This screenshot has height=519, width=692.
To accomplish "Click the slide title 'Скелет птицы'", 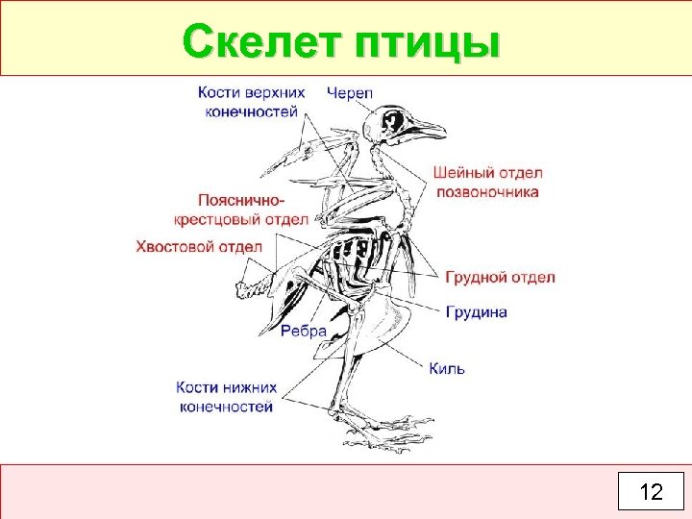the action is click(341, 42).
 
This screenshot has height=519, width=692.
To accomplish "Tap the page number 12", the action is click(651, 492).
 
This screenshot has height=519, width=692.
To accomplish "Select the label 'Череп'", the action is click(350, 92).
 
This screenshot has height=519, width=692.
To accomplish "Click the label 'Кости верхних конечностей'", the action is click(252, 101).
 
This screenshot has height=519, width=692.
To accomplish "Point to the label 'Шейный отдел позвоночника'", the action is click(488, 182).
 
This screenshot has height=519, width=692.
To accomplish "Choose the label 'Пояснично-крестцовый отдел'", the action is click(240, 210).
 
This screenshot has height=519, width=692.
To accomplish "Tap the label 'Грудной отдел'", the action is click(500, 277).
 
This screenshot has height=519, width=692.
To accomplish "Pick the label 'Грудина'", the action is click(477, 311).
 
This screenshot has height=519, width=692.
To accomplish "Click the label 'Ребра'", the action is click(304, 330).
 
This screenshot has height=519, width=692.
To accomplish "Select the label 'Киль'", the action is click(447, 368).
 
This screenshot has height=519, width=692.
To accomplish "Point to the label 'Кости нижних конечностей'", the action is click(226, 397).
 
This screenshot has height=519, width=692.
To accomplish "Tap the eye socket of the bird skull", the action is click(395, 121).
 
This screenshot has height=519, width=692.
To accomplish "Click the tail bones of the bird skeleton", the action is click(253, 284).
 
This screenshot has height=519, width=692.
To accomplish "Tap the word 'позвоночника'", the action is click(488, 191).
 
